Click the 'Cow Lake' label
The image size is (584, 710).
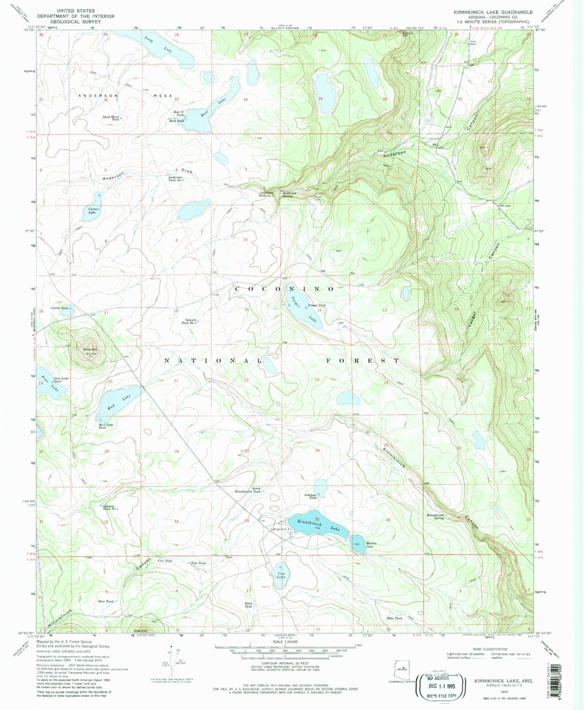(281, 575)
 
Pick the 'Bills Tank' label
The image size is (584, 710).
(394, 618)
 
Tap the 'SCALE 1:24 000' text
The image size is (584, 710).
(285, 653)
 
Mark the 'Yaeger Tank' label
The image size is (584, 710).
(317, 305)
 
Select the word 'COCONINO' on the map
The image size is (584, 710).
(285, 289)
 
